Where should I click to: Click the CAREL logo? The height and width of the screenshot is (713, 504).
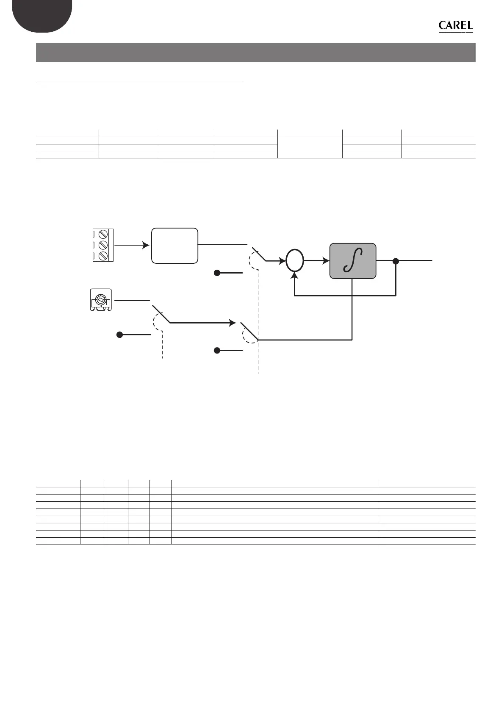click(456, 26)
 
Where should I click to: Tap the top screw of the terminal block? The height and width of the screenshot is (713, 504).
click(102, 234)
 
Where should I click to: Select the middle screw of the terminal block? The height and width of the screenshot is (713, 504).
click(102, 245)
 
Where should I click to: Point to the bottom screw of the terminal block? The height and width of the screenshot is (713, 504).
click(102, 255)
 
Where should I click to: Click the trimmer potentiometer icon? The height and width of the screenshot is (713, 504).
click(101, 300)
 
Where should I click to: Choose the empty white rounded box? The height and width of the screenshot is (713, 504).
click(174, 246)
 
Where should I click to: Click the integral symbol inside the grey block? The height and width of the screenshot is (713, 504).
click(353, 261)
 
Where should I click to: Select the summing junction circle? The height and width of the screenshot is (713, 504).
click(295, 261)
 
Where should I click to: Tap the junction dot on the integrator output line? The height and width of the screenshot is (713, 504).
click(396, 261)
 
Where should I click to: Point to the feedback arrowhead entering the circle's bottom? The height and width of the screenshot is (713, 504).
click(295, 275)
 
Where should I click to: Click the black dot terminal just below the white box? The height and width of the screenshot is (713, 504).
click(217, 273)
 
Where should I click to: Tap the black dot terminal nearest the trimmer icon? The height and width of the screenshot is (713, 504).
click(120, 334)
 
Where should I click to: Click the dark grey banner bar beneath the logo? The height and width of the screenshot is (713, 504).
click(255, 53)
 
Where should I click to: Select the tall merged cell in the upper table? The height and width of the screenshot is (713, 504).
click(310, 147)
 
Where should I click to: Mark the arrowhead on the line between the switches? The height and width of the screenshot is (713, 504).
click(233, 323)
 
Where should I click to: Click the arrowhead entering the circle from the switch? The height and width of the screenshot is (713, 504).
click(282, 261)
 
